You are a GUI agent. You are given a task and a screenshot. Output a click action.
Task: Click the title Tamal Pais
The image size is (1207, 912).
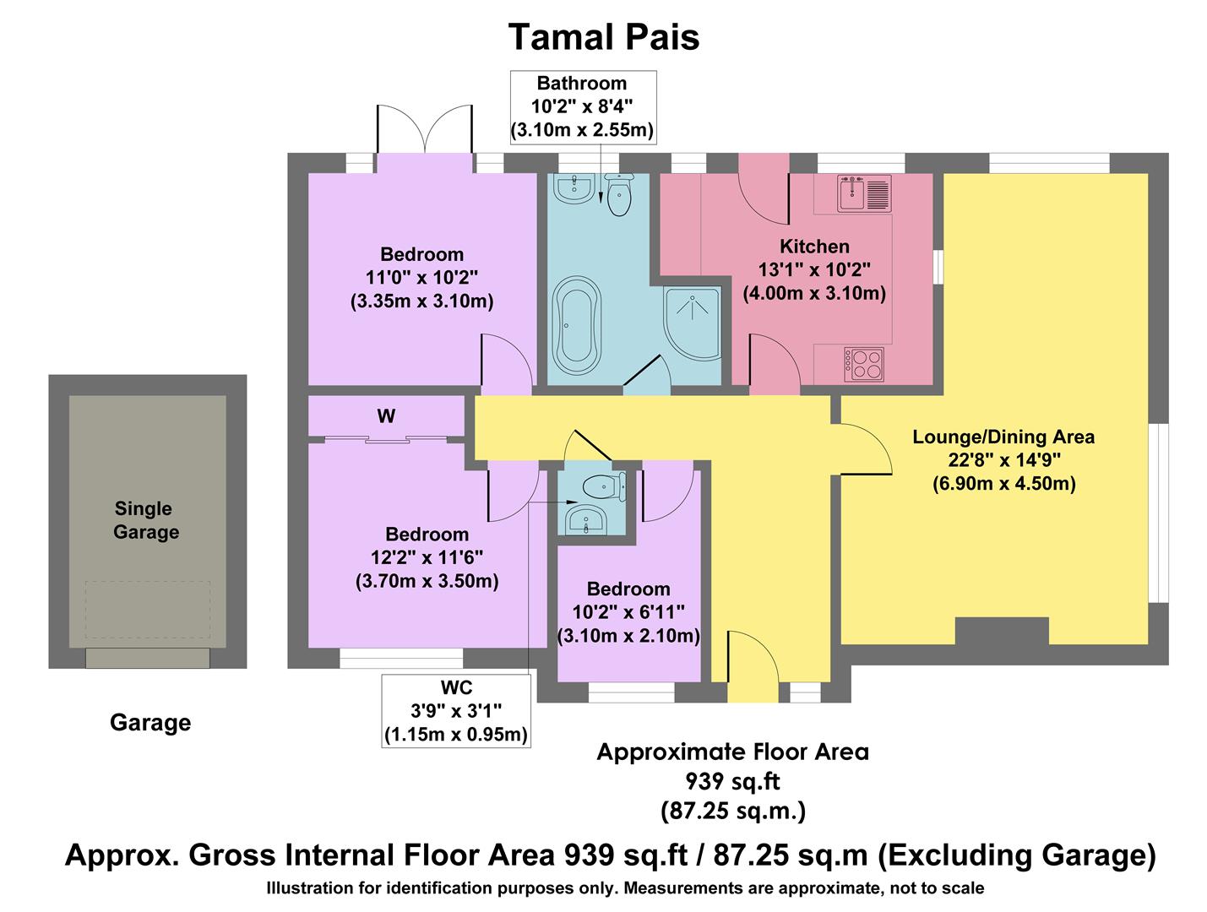click(603, 38)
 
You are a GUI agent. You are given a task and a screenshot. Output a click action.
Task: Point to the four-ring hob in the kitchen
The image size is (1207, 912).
click(863, 364)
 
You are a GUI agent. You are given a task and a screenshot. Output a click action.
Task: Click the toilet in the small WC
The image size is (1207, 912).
click(601, 486)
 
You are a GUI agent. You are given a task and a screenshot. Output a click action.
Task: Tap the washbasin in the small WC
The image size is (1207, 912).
click(586, 519)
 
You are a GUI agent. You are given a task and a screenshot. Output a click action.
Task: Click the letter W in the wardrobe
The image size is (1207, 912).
click(386, 416)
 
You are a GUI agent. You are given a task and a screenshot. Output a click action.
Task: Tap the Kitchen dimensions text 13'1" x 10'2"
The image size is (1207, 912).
click(814, 270)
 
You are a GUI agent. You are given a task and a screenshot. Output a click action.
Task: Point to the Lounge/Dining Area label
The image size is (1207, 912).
click(1003, 437)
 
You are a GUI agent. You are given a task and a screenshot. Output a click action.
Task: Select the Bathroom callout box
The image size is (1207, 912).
click(582, 106)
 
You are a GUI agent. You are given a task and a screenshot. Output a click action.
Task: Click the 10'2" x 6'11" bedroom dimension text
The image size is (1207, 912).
click(628, 612)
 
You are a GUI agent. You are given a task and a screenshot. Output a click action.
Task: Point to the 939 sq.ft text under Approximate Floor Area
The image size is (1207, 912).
click(732, 781)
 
